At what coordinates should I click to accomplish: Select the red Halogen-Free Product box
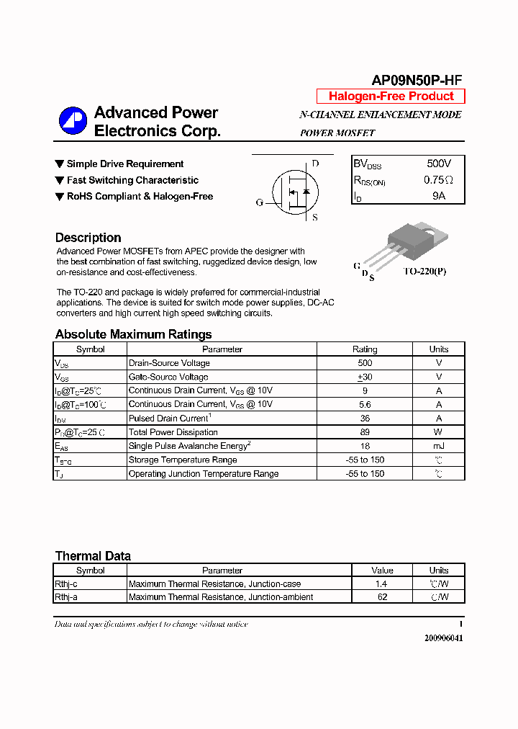point(391,97)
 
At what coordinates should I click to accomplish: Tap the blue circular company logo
point(73,121)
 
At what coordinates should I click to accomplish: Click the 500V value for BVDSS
point(439,164)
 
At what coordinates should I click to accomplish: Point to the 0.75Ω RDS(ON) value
point(439,180)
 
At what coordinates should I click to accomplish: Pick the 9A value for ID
point(439,196)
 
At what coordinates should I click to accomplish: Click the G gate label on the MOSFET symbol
point(260,202)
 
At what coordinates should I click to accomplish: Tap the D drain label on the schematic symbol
point(315,164)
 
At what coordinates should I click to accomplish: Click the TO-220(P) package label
point(424,272)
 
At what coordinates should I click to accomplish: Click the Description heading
point(88,238)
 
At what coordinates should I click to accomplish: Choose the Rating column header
point(365,349)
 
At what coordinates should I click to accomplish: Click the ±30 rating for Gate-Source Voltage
point(365,377)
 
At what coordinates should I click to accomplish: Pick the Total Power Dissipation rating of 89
point(365,432)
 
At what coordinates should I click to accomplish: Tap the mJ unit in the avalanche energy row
point(438,447)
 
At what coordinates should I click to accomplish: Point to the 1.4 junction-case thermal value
point(381,584)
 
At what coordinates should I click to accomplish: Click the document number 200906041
point(443,638)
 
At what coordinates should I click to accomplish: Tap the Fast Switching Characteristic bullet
point(132,180)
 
